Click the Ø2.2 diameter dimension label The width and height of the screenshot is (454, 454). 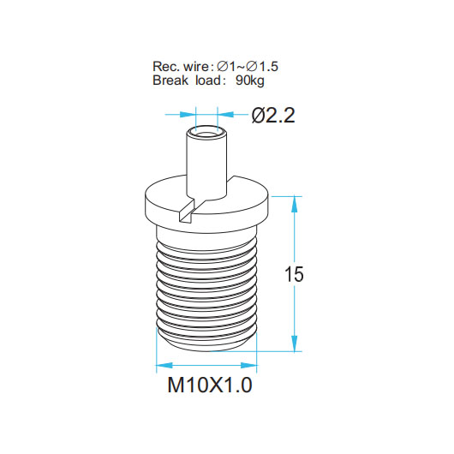coord(273,116)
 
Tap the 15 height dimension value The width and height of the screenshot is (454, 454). coord(294,274)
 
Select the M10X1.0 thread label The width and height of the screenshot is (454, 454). coord(210,385)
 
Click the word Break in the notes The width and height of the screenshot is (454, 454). coord(170,81)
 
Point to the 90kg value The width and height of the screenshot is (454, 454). coord(250,81)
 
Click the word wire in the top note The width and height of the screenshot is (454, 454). coord(195,67)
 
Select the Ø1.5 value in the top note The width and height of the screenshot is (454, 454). coord(262,67)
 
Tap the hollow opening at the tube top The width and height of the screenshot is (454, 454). coord(206,134)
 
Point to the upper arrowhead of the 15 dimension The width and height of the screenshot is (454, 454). coord(294,204)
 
